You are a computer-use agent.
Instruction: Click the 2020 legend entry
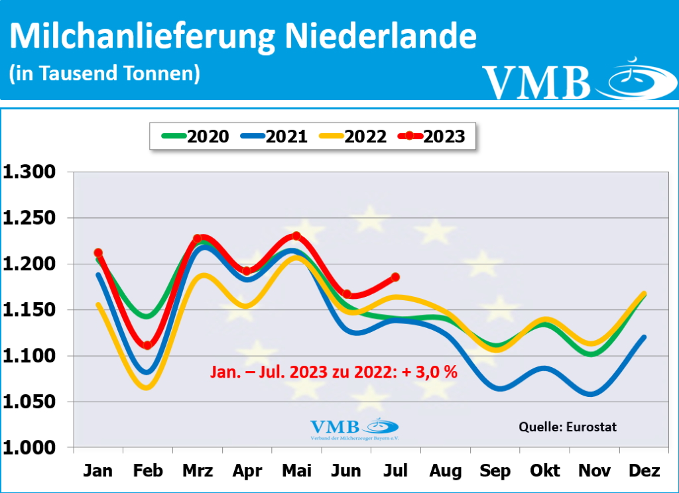point(196,137)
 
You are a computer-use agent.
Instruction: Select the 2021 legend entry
point(274,137)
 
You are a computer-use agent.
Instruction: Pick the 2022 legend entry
point(353,137)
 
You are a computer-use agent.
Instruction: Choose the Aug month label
point(446,471)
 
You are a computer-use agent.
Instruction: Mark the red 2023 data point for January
point(98,252)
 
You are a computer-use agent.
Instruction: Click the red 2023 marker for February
point(147,345)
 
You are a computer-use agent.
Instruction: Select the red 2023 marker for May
point(296,236)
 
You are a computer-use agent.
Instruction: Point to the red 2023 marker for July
point(395,277)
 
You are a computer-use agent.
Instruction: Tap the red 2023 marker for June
point(346,294)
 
